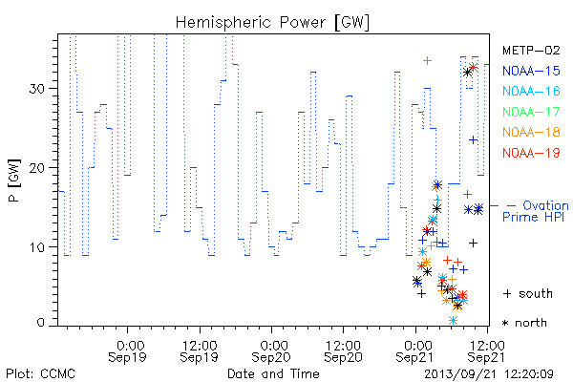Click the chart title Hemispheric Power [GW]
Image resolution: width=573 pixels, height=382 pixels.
pos(272,23)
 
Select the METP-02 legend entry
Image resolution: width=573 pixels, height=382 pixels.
pos(531,50)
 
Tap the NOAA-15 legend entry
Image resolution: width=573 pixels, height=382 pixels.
pos(531,71)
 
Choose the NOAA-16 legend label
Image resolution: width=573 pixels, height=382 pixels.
pos(531,91)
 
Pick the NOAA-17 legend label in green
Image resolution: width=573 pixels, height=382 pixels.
pos(531,112)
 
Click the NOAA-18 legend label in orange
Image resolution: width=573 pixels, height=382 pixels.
pos(531,132)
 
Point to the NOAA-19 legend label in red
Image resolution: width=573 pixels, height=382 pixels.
pos(531,153)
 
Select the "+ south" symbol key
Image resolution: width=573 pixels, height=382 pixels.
pos(528,293)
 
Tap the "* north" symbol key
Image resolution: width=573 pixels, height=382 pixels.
pos(524,323)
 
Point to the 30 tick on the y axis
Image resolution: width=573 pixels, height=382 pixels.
pos(37,89)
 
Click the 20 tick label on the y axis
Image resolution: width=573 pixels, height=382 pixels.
pos(37,168)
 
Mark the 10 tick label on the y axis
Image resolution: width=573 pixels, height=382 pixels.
pos(37,247)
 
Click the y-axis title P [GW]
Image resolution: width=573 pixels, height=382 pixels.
pos(14,180)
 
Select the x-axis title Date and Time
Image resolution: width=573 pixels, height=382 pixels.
pos(273,374)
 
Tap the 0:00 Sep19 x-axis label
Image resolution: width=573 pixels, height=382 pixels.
pos(128,351)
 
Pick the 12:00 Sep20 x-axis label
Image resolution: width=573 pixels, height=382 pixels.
pos(343,351)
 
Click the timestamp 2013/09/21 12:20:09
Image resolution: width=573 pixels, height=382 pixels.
pos(489,374)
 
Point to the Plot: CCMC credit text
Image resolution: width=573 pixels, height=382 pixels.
pos(40,374)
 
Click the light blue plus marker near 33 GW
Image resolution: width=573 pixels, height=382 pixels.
pos(427,61)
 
